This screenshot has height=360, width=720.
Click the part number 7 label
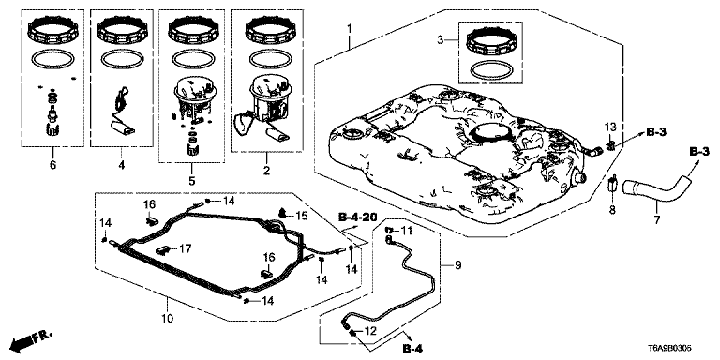point(656,220)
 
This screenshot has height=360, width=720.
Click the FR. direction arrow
point(31,338)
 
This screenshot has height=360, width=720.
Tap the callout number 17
point(185,248)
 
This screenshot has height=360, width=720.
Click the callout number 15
point(301,216)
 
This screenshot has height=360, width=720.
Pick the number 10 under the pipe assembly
point(167,318)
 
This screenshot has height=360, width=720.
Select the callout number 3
point(441,41)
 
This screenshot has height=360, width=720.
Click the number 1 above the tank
point(349,28)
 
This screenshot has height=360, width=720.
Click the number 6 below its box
point(52,164)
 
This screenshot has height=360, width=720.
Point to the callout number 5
point(191,180)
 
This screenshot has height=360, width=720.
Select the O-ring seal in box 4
point(121,58)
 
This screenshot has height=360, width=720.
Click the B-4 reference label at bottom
point(412,350)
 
